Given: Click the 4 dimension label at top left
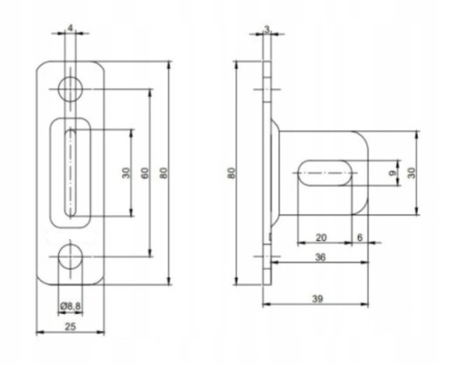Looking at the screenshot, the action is pyautogui.click(x=71, y=29).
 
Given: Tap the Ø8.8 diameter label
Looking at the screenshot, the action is pyautogui.click(x=71, y=306).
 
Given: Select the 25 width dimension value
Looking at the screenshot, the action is pyautogui.click(x=71, y=327).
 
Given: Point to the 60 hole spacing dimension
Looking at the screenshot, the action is pyautogui.click(x=145, y=173).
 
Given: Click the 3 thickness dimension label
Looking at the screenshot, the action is pyautogui.click(x=267, y=29).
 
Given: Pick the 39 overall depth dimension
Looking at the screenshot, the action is pyautogui.click(x=318, y=299).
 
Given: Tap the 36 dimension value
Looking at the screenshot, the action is pyautogui.click(x=320, y=257).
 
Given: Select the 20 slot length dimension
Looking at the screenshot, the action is pyautogui.click(x=321, y=237).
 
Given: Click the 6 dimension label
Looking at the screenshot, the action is pyautogui.click(x=360, y=237).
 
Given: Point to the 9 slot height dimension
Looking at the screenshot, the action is pyautogui.click(x=393, y=173).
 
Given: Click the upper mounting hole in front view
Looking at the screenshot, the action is pyautogui.click(x=71, y=89).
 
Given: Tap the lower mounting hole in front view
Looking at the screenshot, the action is pyautogui.click(x=71, y=256).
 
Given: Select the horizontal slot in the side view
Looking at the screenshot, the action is pyautogui.click(x=325, y=173).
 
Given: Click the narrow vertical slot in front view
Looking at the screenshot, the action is pyautogui.click(x=71, y=173).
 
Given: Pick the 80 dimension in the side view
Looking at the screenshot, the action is pyautogui.click(x=231, y=173).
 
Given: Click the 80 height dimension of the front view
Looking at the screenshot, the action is pyautogui.click(x=163, y=173).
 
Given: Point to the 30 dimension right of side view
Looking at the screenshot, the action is pyautogui.click(x=411, y=173).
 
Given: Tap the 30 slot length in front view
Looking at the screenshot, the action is pyautogui.click(x=126, y=173).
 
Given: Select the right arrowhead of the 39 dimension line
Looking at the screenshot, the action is pyautogui.click(x=365, y=304).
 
